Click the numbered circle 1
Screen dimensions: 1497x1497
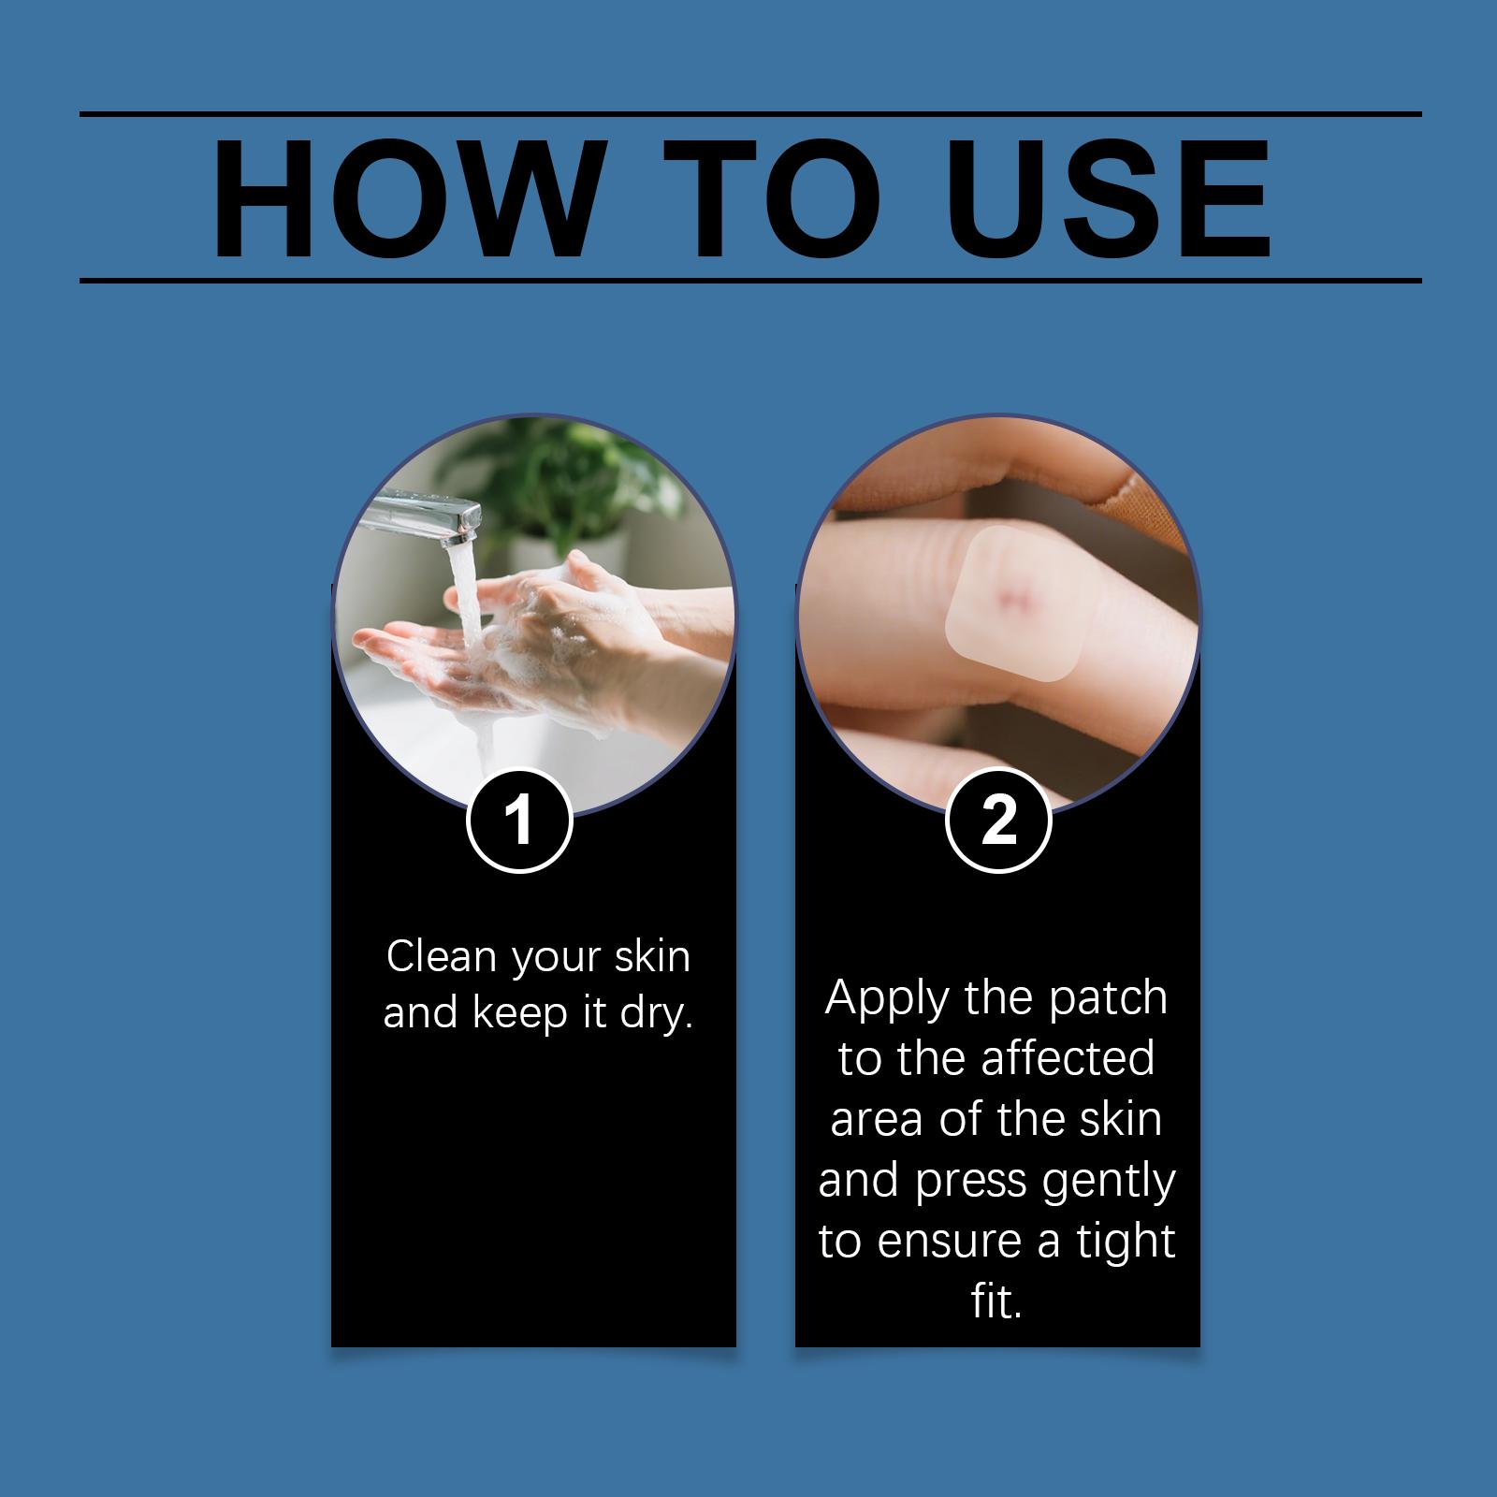[519, 821]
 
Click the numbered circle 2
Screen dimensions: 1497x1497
[999, 821]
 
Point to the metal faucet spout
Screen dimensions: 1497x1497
[426, 516]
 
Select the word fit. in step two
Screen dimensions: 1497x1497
[996, 1301]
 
